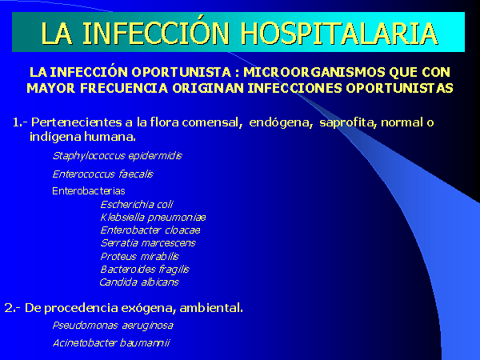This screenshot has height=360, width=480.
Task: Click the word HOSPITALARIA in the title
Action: click(339, 33)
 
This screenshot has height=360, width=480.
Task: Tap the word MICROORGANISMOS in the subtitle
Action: click(314, 72)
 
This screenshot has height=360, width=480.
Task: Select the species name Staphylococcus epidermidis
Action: click(118, 156)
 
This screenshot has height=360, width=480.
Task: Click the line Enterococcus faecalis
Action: click(103, 174)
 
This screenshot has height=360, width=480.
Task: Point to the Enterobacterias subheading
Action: click(89, 191)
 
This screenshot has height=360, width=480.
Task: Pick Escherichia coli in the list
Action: click(137, 204)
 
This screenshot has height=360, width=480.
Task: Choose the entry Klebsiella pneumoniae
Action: click(153, 218)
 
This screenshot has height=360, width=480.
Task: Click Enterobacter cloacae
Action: click(150, 230)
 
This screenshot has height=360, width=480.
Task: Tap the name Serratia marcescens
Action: click(148, 243)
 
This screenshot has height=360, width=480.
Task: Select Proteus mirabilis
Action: click(139, 256)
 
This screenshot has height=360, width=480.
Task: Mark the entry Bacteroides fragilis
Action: click(145, 270)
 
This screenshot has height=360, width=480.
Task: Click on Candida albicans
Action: click(139, 282)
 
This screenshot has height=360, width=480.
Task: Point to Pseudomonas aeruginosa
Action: click(113, 326)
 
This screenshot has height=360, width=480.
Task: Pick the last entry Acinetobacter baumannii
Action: click(111, 343)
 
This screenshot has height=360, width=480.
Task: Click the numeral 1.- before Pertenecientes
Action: click(20, 122)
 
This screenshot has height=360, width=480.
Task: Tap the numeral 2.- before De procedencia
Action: click(12, 308)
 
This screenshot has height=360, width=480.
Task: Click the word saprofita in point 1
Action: click(348, 122)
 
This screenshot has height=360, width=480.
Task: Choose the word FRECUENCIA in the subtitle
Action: click(124, 89)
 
